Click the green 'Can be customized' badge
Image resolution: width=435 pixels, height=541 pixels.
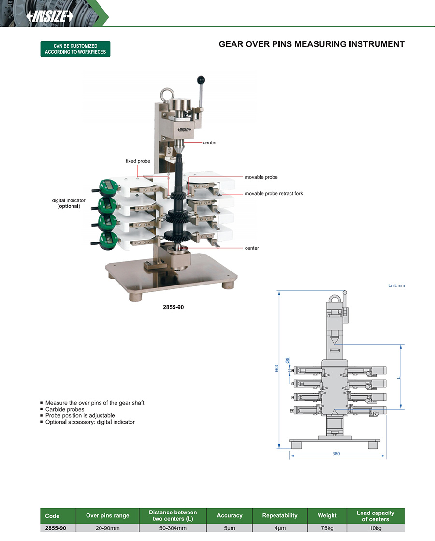click(75, 49)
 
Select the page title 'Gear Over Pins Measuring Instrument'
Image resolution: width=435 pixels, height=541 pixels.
click(311, 44)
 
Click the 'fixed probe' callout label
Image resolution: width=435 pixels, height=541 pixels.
click(138, 161)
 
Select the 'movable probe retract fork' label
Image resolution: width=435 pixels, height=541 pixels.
click(274, 193)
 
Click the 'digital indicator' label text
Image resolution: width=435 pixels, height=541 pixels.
click(69, 200)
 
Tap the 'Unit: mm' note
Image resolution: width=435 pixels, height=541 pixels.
click(396, 285)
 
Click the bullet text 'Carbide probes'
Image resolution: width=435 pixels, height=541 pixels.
click(65, 409)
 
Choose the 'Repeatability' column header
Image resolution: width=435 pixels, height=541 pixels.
click(280, 515)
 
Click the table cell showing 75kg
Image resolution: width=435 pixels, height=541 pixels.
click(327, 528)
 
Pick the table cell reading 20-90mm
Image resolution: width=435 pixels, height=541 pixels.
click(107, 528)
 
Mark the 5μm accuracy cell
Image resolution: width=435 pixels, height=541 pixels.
click(230, 528)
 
